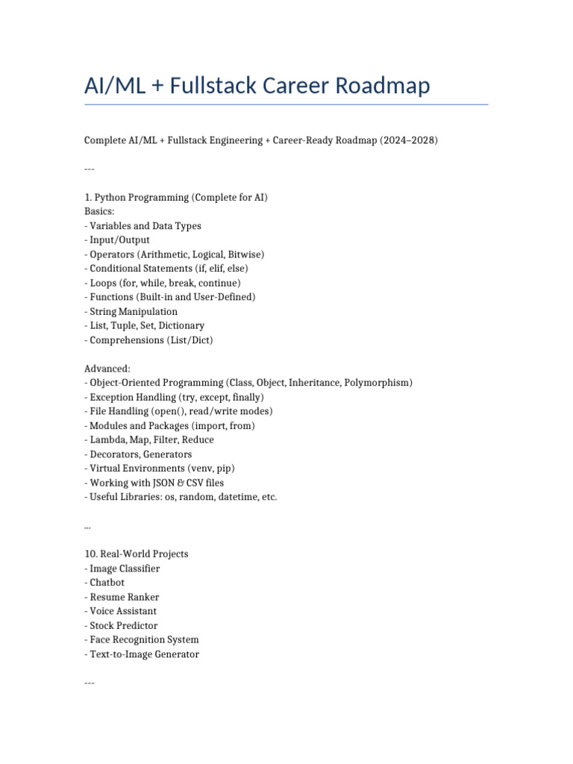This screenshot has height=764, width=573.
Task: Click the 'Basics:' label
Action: pyautogui.click(x=100, y=211)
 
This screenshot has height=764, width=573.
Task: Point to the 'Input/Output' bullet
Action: pyautogui.click(x=119, y=240)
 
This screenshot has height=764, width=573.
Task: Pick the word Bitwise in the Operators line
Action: pyautogui.click(x=244, y=254)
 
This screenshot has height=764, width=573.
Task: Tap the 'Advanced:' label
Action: pyautogui.click(x=107, y=369)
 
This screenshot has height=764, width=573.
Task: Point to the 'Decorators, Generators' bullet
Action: pyautogui.click(x=140, y=454)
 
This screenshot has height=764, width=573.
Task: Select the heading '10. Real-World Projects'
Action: pyautogui.click(x=136, y=554)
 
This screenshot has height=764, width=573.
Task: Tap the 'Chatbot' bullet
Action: pyautogui.click(x=107, y=583)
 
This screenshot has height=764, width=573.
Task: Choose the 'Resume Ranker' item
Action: pyautogui.click(x=124, y=597)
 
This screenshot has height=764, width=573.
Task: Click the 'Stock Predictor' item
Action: pyautogui.click(x=123, y=625)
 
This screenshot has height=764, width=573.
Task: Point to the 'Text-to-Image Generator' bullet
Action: pyautogui.click(x=144, y=654)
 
